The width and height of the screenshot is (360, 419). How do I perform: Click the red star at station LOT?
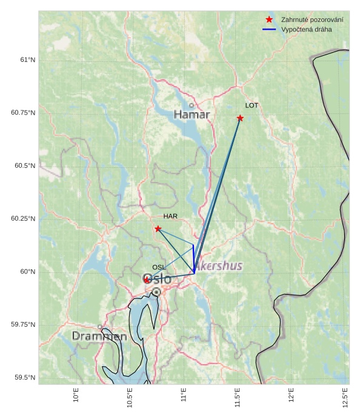[240, 118]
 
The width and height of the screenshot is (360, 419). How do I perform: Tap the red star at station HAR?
[158, 229]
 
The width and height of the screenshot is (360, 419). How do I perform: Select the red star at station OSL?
[147, 280]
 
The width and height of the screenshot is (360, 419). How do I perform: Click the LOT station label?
[252, 106]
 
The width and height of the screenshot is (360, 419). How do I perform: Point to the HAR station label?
[170, 216]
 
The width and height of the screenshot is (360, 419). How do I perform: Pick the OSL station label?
[158, 267]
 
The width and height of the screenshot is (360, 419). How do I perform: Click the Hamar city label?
[192, 115]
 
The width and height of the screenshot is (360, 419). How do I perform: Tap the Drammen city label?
[99, 336]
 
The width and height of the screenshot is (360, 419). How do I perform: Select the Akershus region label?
[219, 266]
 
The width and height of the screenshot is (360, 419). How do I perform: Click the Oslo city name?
[157, 279]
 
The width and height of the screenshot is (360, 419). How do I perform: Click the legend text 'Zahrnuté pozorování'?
[312, 20]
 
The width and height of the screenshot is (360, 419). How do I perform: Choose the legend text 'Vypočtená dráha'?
[306, 29]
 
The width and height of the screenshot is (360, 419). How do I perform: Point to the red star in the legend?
[269, 20]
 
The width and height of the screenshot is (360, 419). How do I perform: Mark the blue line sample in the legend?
[269, 29]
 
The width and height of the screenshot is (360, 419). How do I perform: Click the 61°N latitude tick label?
[28, 59]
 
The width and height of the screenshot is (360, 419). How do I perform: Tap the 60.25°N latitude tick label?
[24, 218]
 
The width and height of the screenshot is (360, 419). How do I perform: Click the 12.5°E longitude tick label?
[345, 397]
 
